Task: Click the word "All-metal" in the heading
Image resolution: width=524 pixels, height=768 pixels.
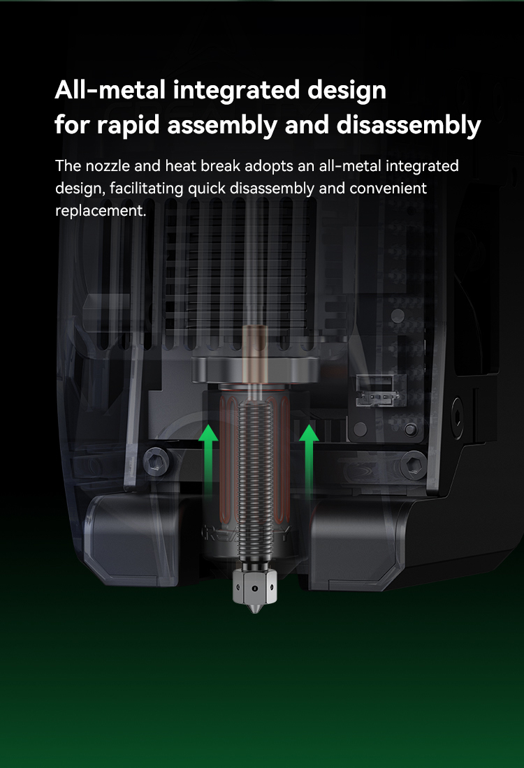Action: pos(110,90)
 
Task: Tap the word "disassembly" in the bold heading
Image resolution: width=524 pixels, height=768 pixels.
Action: pos(409,126)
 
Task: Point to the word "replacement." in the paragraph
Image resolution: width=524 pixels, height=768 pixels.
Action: pos(101,211)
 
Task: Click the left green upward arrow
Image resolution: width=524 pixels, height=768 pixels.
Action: pos(208,457)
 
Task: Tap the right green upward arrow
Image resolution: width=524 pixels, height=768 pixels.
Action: pos(309,457)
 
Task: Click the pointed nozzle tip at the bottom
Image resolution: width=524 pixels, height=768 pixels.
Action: pos(254,610)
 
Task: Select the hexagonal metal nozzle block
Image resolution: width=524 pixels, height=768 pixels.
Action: pos(254,585)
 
